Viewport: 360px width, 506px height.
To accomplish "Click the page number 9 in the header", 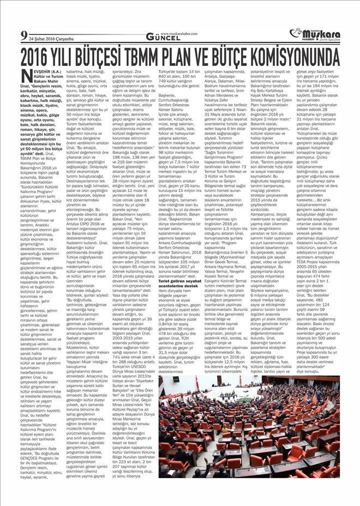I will [23, 36].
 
